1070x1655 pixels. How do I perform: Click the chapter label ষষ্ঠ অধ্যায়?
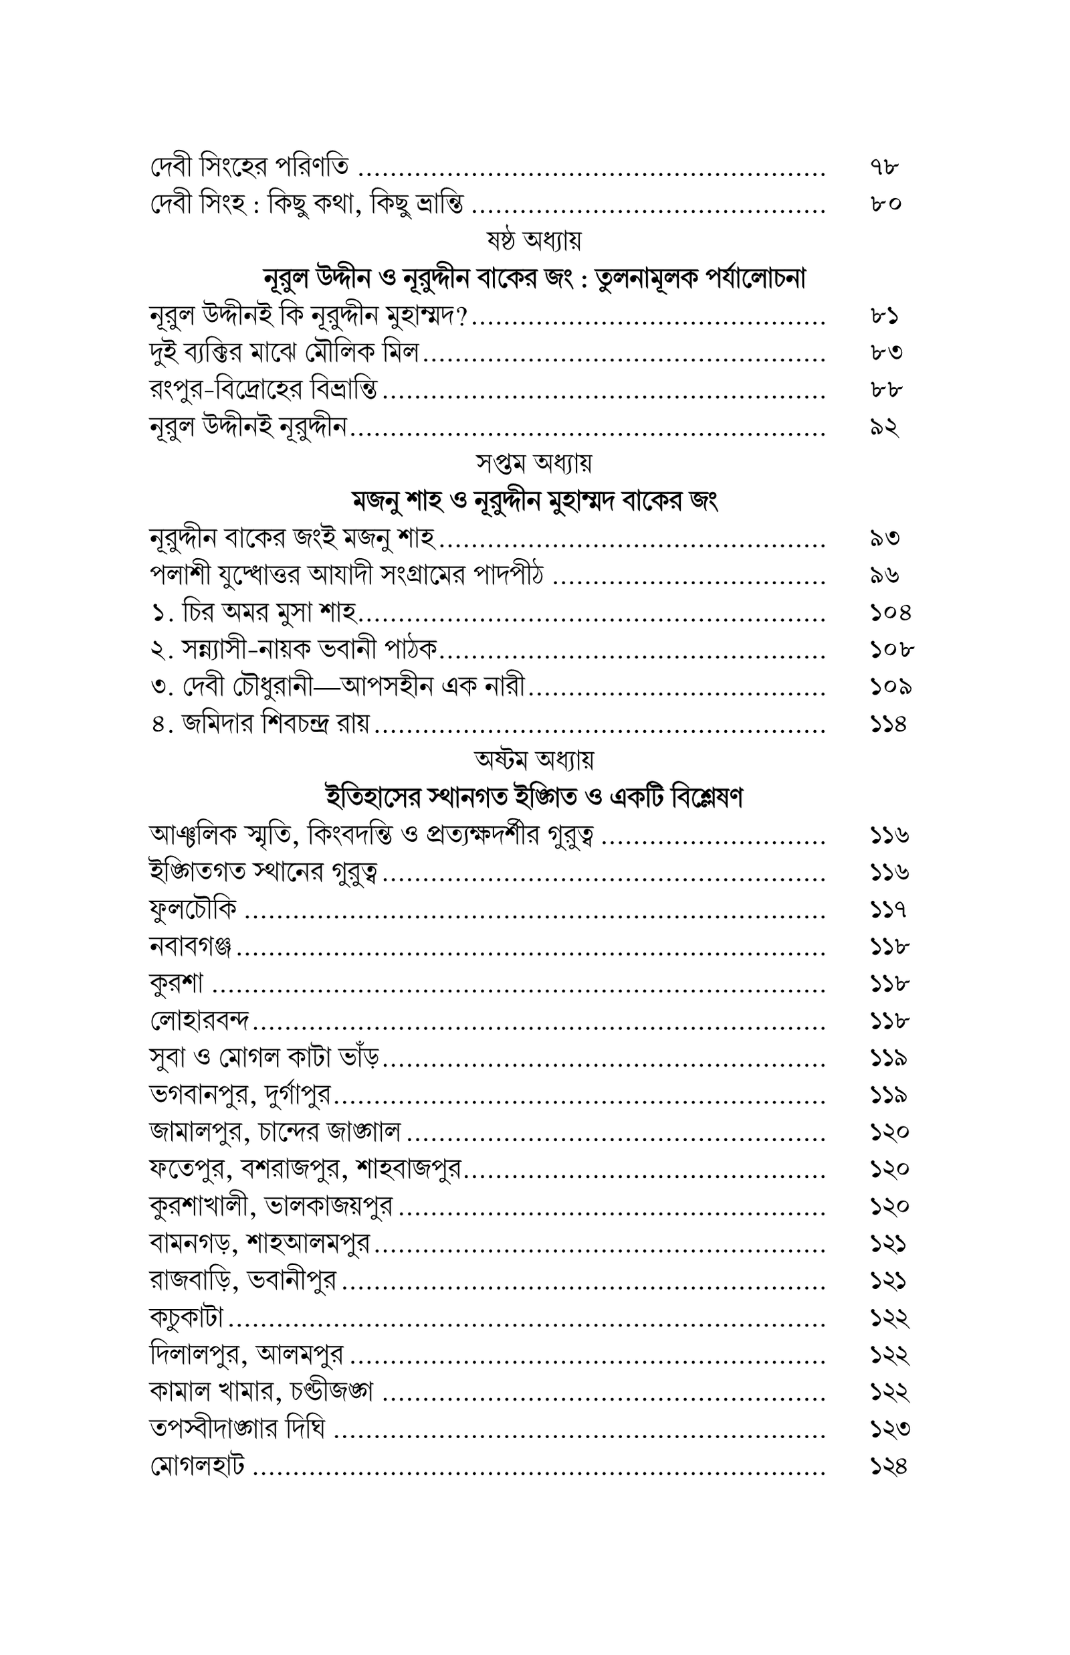tap(534, 240)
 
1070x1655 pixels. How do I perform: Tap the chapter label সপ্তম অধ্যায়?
tap(534, 462)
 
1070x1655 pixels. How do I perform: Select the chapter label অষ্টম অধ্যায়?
tap(534, 760)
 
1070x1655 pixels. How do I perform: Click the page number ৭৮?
tap(885, 167)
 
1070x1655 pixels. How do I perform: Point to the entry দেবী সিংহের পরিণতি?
tap(249, 167)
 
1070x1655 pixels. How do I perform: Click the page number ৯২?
tap(885, 427)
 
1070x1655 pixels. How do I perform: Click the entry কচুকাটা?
tap(186, 1316)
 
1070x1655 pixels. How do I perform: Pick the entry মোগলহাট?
tap(197, 1465)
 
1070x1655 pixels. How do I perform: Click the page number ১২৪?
tap(889, 1465)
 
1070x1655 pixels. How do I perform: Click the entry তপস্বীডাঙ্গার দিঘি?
tap(237, 1428)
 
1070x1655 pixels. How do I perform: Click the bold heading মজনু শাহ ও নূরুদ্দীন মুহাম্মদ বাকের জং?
tap(534, 500)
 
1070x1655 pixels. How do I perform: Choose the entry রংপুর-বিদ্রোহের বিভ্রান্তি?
tap(263, 389)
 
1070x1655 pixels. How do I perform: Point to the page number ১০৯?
tap(890, 687)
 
